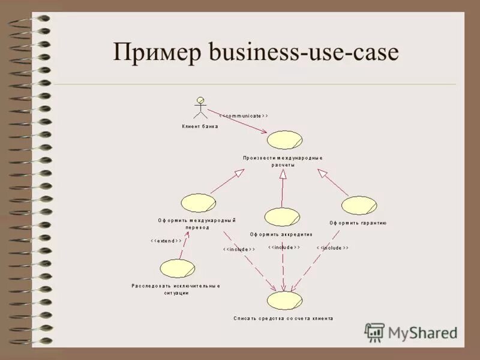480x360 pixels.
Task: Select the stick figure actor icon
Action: [x=200, y=107]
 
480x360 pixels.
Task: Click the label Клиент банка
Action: [x=200, y=127]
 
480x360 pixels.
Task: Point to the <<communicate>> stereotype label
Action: [x=243, y=115]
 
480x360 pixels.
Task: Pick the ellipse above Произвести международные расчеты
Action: [x=285, y=140]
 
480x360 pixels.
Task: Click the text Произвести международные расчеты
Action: [x=283, y=161]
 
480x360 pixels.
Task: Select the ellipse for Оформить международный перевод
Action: [x=199, y=203]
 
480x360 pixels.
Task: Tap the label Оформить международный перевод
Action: [x=197, y=224]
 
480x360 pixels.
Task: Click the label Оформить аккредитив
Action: [x=281, y=234]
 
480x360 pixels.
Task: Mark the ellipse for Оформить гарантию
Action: [x=359, y=205]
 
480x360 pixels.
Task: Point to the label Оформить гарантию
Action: [x=358, y=223]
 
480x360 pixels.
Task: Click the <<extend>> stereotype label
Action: [x=166, y=241]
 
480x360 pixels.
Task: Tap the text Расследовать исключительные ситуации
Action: [x=176, y=289]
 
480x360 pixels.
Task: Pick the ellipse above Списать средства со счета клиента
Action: [x=284, y=299]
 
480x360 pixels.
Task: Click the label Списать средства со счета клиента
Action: [x=283, y=319]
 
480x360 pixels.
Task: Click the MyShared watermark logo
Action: [x=412, y=332]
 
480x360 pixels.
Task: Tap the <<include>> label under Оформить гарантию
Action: [x=332, y=248]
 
